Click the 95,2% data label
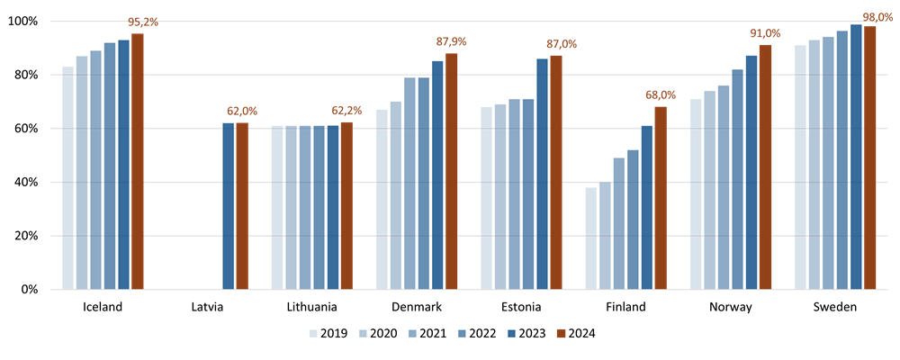(142, 22)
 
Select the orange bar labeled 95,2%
(138, 162)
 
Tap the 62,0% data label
(241, 111)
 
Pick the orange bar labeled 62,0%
(242, 206)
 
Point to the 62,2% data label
(346, 111)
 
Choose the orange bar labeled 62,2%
(346, 206)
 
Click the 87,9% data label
(451, 41)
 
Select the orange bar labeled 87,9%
(452, 171)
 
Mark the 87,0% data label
(562, 44)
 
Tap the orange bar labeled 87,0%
(556, 172)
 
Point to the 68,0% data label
(661, 94)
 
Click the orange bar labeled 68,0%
(661, 198)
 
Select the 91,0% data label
(765, 33)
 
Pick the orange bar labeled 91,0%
(765, 166)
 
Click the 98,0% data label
(877, 17)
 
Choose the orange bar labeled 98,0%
(870, 157)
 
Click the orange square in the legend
(561, 333)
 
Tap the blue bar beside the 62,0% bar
(229, 206)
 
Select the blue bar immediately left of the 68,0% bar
(647, 207)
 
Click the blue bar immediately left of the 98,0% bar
(857, 157)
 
